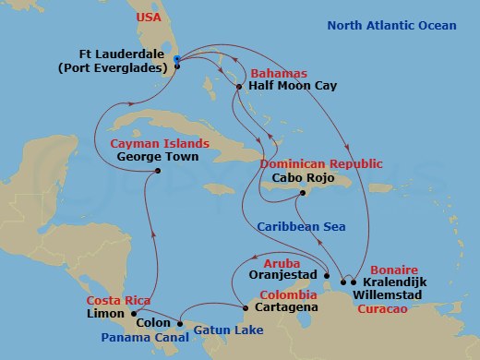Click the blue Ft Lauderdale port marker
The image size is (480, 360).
click(177, 62)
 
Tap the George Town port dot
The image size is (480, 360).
click(160, 171)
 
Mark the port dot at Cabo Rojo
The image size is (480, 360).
click(302, 193)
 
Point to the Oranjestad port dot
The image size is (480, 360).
click(328, 274)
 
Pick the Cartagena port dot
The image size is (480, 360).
click(245, 307)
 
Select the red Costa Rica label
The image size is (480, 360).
click(118, 301)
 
